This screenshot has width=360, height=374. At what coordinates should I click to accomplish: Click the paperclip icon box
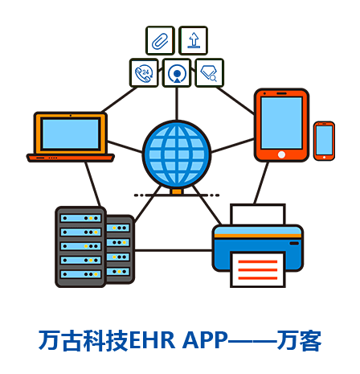click(x=160, y=41)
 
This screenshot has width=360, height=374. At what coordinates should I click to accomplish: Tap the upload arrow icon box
click(x=193, y=41)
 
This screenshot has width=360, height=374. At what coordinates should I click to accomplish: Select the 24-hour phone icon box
click(x=144, y=73)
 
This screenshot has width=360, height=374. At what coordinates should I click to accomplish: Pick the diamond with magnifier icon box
click(x=210, y=73)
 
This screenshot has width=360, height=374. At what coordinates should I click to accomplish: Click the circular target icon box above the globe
click(x=177, y=73)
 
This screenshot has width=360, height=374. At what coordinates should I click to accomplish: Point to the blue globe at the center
click(x=177, y=154)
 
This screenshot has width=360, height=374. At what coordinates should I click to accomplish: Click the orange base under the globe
click(x=177, y=191)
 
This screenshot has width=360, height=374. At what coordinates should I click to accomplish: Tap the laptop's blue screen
click(x=71, y=134)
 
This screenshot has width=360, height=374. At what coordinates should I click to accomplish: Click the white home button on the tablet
click(x=281, y=154)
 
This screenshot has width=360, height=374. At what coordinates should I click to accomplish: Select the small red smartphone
click(x=324, y=141)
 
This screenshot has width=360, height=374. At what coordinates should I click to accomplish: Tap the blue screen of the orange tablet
click(x=281, y=123)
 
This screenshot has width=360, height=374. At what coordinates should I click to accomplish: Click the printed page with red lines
click(x=258, y=269)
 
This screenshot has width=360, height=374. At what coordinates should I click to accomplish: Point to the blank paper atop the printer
click(x=258, y=215)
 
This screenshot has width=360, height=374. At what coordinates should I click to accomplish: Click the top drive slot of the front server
click(x=80, y=218)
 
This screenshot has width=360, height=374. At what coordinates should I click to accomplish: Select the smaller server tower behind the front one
click(x=120, y=249)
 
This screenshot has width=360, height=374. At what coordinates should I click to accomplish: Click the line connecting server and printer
click(x=174, y=251)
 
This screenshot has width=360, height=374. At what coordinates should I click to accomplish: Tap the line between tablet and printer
click(x=261, y=183)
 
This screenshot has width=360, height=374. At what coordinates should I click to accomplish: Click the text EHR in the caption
click(x=152, y=340)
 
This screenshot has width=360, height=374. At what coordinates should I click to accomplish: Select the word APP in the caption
click(x=205, y=340)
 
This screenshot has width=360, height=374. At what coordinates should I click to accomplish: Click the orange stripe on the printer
click(x=258, y=236)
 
